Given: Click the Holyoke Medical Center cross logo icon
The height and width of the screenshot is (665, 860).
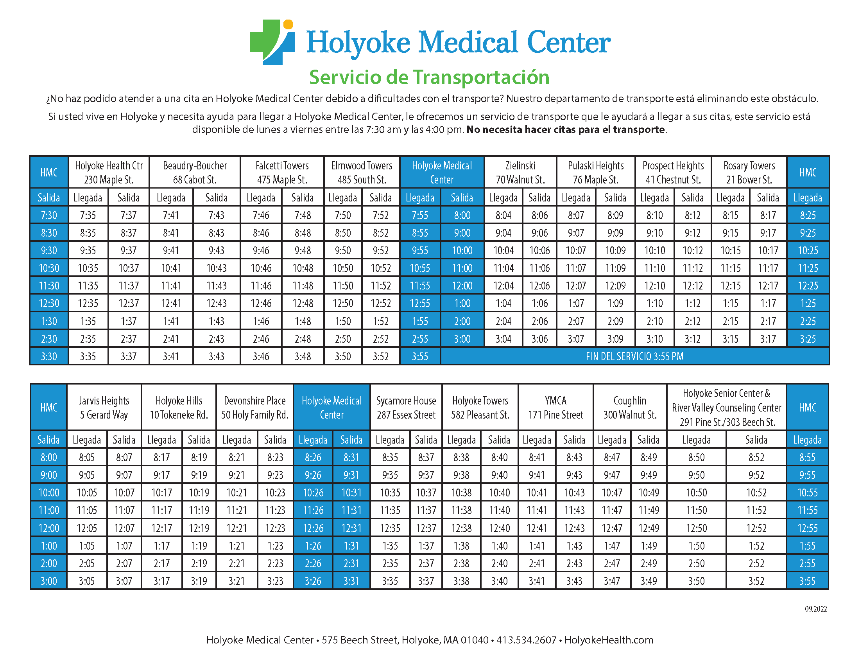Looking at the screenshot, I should [272, 42].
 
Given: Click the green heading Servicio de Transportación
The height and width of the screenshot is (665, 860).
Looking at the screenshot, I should [429, 77].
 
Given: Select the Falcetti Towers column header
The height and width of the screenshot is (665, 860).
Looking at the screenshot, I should [282, 173].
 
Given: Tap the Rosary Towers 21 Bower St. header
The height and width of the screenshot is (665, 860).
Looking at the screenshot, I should [749, 173].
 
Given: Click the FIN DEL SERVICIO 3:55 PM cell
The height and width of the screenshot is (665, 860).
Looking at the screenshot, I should [634, 356].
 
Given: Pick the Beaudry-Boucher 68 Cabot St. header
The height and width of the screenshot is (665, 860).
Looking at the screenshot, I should [195, 173].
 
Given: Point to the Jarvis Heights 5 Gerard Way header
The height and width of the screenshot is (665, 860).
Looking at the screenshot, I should [104, 408].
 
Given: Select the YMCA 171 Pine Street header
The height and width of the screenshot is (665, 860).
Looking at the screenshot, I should [555, 408].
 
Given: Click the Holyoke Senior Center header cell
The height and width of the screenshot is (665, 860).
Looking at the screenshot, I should [727, 408].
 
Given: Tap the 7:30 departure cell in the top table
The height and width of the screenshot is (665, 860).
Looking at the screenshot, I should [49, 216].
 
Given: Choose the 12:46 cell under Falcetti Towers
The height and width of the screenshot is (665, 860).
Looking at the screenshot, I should [261, 304].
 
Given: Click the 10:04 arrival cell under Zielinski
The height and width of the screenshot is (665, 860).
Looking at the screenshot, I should [503, 251].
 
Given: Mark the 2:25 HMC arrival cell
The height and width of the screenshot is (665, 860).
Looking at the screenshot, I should [808, 322].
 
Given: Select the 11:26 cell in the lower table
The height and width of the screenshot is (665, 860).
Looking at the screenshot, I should [313, 510].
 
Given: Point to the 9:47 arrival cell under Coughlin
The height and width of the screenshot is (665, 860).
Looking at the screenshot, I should [612, 475].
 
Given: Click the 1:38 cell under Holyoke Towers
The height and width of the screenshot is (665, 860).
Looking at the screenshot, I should [461, 546].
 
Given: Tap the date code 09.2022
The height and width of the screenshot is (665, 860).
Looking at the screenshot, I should [815, 609].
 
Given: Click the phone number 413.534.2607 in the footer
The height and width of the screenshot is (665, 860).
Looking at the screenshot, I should [527, 640].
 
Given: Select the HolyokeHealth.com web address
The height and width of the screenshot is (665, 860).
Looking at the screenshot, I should [609, 640].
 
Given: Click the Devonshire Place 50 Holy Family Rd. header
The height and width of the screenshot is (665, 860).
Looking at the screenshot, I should [255, 408].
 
